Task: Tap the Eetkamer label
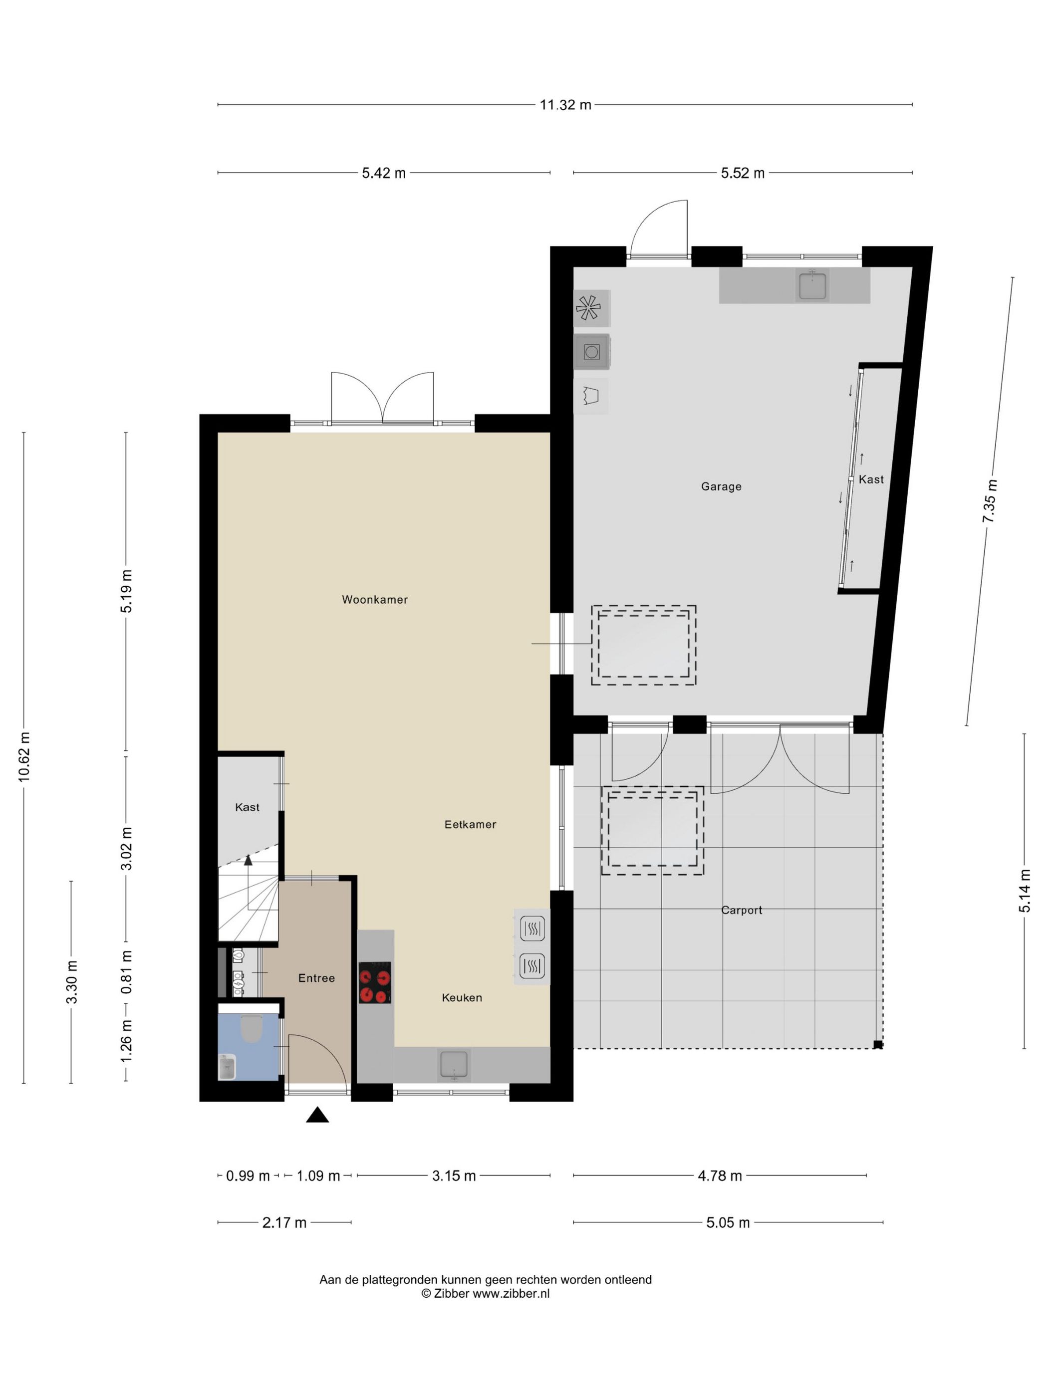[470, 824]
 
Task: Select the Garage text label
[721, 486]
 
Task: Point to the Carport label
[742, 910]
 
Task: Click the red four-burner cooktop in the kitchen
[375, 983]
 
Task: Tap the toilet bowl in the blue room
[252, 1029]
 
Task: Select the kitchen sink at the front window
[454, 1064]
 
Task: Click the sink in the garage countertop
[812, 285]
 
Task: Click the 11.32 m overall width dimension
[565, 105]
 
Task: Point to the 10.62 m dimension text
[24, 756]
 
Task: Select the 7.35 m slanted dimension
[989, 501]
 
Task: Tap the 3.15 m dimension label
[454, 1175]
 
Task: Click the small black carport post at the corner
[877, 1045]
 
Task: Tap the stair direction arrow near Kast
[248, 860]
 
